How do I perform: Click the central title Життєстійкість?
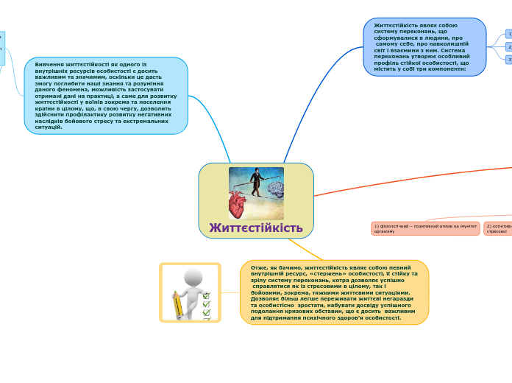[x=256, y=228]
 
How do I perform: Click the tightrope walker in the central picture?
[x=256, y=181]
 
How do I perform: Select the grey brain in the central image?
[x=275, y=190]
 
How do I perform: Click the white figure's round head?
[x=193, y=278]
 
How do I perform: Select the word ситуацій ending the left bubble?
[x=48, y=127]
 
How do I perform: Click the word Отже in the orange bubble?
[x=259, y=267]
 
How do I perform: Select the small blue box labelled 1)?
[x=509, y=34]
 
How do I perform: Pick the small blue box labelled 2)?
[x=509, y=47]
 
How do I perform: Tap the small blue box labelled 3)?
[x=509, y=60]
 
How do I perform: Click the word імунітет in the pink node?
[x=468, y=225]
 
